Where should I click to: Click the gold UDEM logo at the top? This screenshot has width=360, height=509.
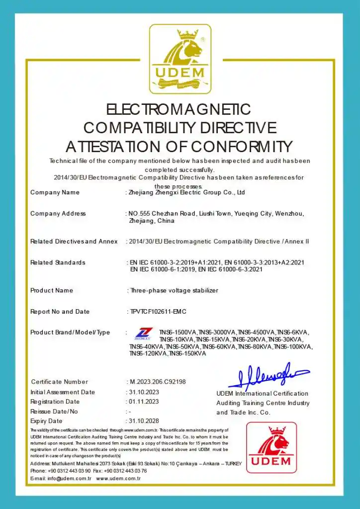[x=180, y=59]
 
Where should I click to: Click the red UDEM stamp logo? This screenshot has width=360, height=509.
[x=271, y=447]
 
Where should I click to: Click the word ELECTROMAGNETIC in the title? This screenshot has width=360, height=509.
[x=180, y=109]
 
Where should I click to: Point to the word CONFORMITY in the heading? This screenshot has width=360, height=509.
[x=242, y=147]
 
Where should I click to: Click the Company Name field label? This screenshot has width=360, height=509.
[x=55, y=192]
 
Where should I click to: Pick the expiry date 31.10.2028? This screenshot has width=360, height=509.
[x=144, y=421]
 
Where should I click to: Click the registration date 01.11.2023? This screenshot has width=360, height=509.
[x=144, y=402]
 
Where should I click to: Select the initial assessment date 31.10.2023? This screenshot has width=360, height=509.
[x=144, y=392]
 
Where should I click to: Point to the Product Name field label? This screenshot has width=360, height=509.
[x=52, y=290]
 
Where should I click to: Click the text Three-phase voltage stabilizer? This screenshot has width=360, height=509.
[x=174, y=290]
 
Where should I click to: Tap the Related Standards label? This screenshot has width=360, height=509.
[x=58, y=262]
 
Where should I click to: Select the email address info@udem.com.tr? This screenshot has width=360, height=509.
[x=69, y=478]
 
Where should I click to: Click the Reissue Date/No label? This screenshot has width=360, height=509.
[x=54, y=412]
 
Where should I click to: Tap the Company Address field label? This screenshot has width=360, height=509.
[x=58, y=214]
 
